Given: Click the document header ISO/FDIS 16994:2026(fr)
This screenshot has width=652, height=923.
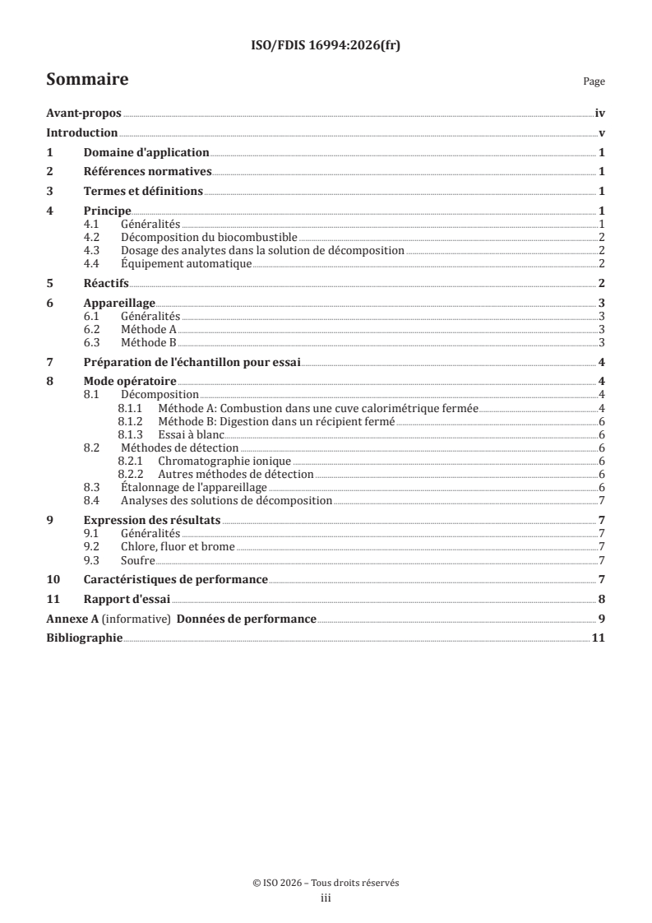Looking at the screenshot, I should click(x=326, y=48).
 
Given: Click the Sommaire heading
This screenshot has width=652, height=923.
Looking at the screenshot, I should click(x=86, y=81).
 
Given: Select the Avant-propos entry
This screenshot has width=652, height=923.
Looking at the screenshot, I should click(x=83, y=115).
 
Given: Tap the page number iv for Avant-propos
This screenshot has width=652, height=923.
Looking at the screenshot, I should click(x=600, y=115).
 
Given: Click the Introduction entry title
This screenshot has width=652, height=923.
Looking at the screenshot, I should click(x=81, y=133).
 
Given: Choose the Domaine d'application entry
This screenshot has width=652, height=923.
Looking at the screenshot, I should click(x=146, y=152).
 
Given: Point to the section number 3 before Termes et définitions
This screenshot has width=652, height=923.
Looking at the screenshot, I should click(x=49, y=191).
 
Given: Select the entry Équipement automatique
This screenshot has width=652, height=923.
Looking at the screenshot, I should click(x=185, y=263).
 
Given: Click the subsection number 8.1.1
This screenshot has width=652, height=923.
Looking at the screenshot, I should click(x=131, y=407).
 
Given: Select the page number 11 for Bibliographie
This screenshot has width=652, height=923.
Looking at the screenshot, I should click(x=599, y=638).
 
